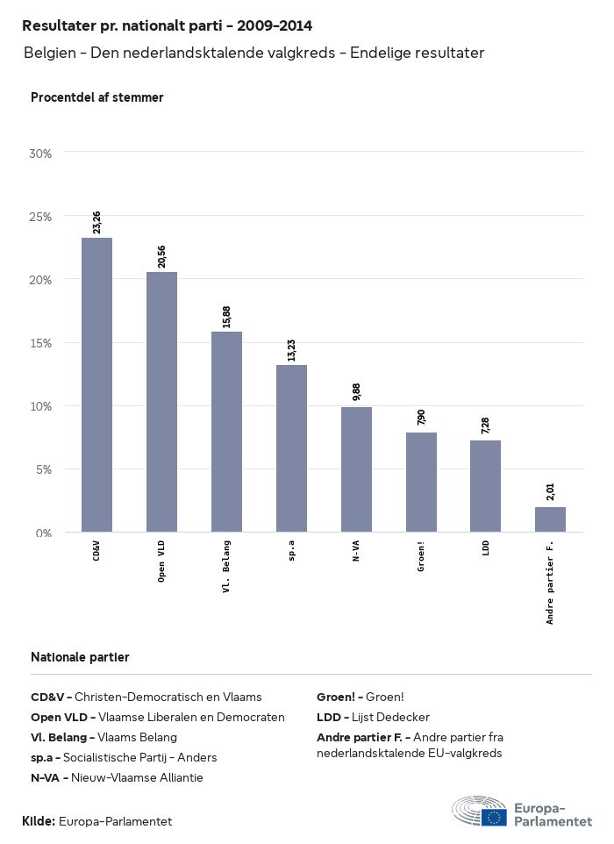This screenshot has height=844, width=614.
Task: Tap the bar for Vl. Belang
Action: [x=226, y=432]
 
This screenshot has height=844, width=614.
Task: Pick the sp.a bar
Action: [x=291, y=448]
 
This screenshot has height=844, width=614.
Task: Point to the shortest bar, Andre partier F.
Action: [x=550, y=519]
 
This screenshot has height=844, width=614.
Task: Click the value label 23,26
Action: [x=96, y=222]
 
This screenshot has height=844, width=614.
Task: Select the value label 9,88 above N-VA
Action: [x=356, y=392]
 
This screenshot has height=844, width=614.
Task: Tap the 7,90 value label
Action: [x=421, y=417]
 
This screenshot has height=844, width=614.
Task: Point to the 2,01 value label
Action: [x=550, y=491]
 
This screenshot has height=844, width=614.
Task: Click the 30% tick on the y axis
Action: [x=40, y=154]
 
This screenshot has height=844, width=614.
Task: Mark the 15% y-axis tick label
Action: [x=40, y=343]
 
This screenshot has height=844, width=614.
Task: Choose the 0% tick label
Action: [x=43, y=533]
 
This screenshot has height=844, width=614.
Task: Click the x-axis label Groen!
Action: [x=421, y=558]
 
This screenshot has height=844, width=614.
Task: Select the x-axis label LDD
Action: [x=486, y=549]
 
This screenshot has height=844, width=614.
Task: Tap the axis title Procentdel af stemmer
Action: [x=96, y=97]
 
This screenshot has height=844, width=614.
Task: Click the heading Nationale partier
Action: [x=80, y=657]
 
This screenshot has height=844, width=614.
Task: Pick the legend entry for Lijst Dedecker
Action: [x=373, y=717]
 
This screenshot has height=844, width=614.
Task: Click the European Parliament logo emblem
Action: [x=479, y=812]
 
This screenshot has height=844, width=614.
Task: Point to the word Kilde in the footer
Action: [x=39, y=821]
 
